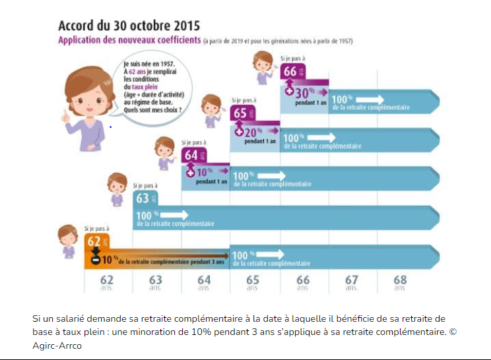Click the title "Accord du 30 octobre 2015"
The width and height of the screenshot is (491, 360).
tap(129, 26)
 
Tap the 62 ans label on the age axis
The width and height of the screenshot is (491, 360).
tap(106, 282)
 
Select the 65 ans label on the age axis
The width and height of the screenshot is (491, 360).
tap(252, 282)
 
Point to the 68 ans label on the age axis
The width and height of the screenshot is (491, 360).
tap(399, 282)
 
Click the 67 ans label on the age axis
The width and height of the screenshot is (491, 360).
tap(351, 282)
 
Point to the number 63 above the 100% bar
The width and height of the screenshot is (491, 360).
tap(143, 198)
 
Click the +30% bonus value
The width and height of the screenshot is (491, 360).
tap(301, 92)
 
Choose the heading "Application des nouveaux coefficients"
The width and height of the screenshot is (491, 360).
tap(129, 41)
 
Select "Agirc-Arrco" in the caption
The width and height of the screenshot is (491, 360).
tap(57, 345)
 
